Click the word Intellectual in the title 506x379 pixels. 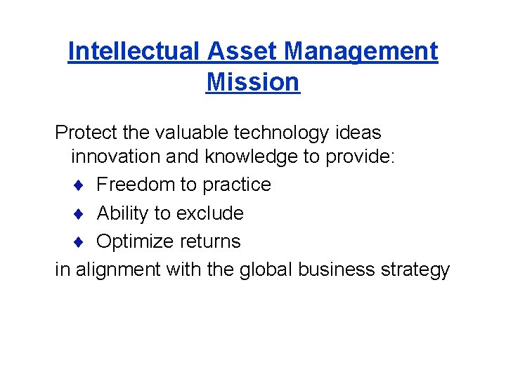pyautogui.click(x=134, y=51)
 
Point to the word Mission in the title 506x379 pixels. pyautogui.click(x=253, y=82)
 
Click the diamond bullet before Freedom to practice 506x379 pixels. pyautogui.click(x=82, y=185)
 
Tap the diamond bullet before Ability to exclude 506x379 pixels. pyautogui.click(x=82, y=213)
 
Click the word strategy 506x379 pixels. pyautogui.click(x=415, y=270)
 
